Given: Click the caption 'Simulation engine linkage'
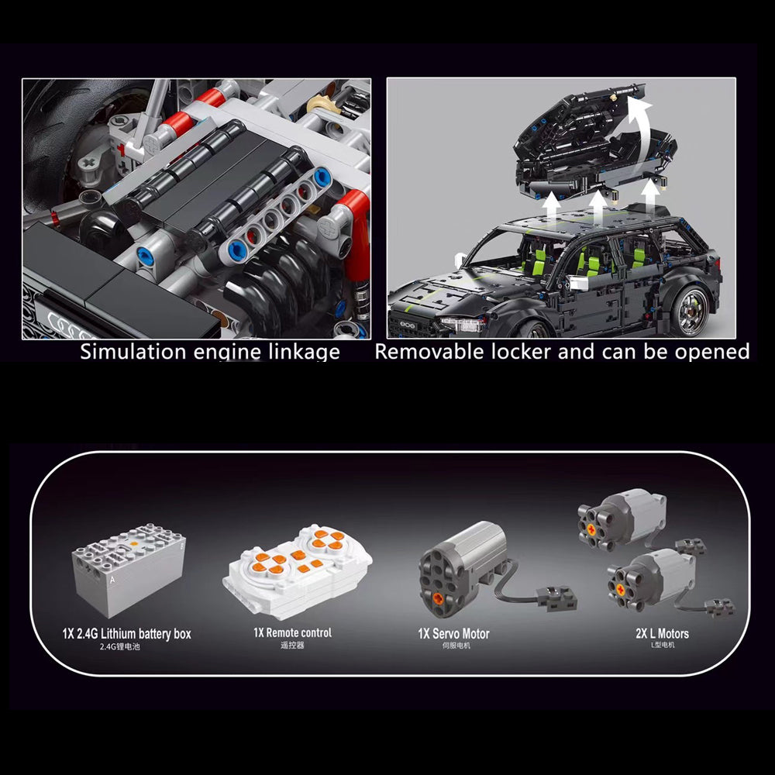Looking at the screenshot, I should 210,352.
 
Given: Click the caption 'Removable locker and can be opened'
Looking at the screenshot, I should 562,352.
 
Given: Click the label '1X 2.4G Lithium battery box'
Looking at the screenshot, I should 127,634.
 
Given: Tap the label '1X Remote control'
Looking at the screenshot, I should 292,632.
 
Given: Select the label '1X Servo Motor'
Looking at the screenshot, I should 453,633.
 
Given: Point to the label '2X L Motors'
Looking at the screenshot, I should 662,633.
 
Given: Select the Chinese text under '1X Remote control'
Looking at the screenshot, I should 292,645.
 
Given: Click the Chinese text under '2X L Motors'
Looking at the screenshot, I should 662,645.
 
